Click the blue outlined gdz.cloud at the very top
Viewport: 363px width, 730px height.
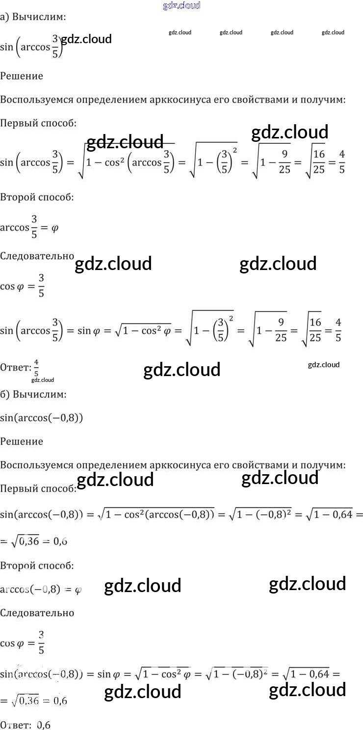coord(181,5)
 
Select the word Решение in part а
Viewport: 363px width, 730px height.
coord(22,76)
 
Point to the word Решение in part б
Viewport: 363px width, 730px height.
coord(22,441)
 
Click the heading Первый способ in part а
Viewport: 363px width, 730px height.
coord(38,123)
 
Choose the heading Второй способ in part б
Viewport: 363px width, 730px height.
coord(37,566)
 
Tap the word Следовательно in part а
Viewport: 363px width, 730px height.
coord(37,256)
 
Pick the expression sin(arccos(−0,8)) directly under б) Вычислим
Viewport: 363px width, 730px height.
coord(42,418)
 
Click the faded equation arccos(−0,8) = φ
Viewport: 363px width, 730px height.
coord(41,590)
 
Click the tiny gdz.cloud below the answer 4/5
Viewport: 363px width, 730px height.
coord(42,380)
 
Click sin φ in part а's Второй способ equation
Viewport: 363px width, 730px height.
coord(90,331)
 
